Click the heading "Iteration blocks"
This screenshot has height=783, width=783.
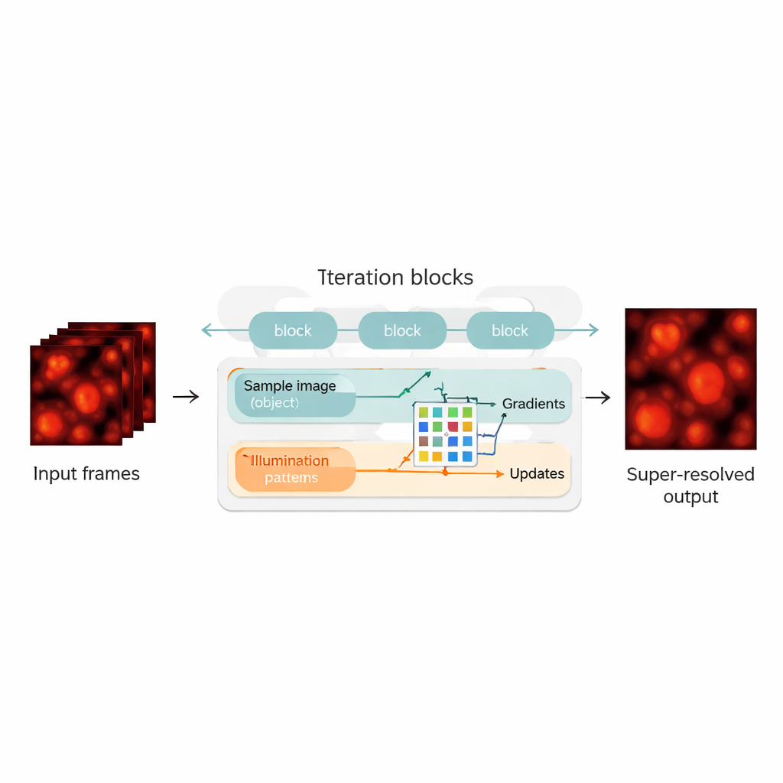395,277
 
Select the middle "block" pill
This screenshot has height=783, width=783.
402,330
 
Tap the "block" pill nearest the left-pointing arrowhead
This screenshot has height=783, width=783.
293,330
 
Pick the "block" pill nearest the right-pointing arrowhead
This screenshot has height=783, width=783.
510,330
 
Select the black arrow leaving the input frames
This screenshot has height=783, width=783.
186,396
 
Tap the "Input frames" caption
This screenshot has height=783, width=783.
86,474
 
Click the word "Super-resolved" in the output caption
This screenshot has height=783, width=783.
690,475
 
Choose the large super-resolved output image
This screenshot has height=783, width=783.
690,379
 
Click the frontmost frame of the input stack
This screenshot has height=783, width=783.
76,395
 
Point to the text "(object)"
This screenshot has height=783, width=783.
275,403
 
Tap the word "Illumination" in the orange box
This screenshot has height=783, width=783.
290,461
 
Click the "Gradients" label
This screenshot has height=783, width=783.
533,404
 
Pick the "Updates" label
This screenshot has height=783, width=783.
537,474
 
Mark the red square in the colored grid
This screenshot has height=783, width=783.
453,427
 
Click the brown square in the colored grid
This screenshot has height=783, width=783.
423,441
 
